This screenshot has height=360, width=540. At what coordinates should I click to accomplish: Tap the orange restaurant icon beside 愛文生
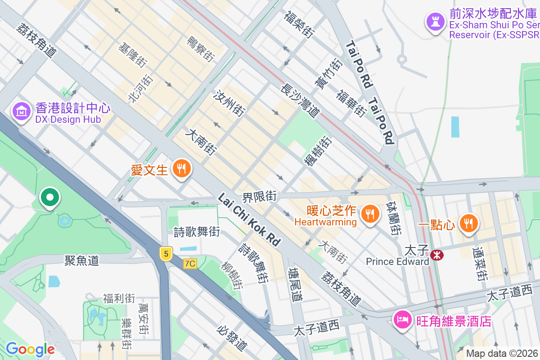[x=182, y=169]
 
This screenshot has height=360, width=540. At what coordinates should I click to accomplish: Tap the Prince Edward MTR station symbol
[x=436, y=255]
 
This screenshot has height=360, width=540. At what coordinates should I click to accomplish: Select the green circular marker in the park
[x=50, y=197]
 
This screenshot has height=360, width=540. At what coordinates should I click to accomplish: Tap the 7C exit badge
[x=190, y=264]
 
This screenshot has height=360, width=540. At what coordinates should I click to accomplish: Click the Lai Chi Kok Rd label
[x=249, y=220]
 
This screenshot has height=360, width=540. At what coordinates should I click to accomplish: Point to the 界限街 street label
[x=259, y=196]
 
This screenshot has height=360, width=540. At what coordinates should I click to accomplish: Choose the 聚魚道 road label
[x=81, y=261]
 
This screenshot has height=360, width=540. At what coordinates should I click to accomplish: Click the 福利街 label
[x=119, y=298]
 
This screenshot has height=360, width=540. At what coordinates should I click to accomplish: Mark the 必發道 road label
[x=232, y=338]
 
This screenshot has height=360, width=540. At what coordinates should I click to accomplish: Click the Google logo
[x=30, y=349]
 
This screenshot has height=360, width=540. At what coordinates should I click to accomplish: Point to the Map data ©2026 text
[x=502, y=353]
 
